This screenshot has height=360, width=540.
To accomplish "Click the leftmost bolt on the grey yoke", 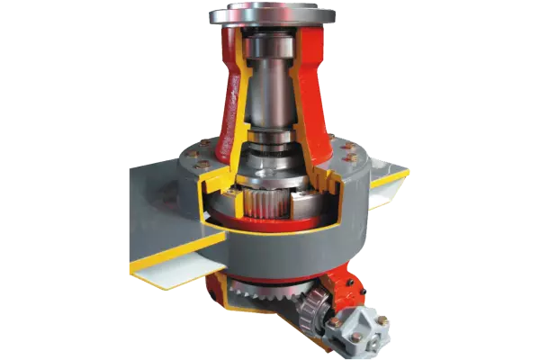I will [334, 320].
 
